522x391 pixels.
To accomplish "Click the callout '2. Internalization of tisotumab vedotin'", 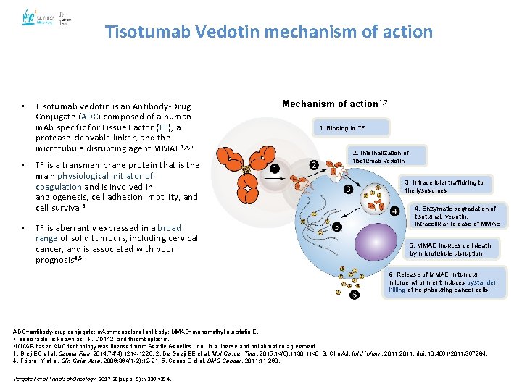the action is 380,156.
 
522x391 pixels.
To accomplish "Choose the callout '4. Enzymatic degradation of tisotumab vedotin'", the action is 457,216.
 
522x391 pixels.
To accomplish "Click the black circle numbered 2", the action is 314,166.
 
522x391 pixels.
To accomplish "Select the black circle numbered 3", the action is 348,190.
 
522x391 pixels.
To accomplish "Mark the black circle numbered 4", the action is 394,211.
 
